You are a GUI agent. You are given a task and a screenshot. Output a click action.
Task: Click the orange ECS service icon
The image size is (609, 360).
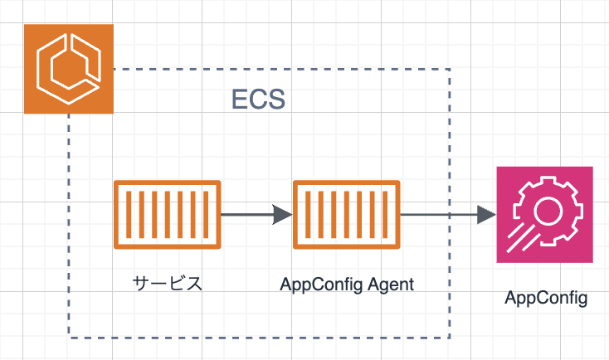(69, 69)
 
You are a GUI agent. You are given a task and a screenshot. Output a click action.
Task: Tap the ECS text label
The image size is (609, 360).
(258, 100)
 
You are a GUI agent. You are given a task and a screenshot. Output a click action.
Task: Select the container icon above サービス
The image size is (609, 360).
(168, 214)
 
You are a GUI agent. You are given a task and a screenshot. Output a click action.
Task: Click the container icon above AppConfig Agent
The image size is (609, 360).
(347, 214)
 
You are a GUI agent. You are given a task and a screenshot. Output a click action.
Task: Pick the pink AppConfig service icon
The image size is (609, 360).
(544, 214)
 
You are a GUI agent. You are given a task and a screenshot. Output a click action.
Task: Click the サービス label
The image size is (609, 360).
(168, 284)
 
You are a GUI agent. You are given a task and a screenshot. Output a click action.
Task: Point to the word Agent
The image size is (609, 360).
(391, 285)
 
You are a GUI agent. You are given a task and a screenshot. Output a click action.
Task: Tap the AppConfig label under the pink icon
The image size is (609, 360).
(546, 299)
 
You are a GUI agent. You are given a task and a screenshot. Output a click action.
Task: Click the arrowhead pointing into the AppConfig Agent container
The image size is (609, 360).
(283, 214)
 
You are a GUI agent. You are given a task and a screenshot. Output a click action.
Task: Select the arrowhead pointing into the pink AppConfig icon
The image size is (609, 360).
(487, 214)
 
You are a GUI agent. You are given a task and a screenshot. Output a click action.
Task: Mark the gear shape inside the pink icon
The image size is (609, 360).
(548, 211)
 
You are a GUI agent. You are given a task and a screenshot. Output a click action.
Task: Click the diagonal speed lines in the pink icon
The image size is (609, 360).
(523, 238)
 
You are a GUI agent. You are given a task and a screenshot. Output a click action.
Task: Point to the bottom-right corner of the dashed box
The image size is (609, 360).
(450, 338)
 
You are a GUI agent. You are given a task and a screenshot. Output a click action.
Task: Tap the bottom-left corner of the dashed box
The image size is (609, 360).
(69, 338)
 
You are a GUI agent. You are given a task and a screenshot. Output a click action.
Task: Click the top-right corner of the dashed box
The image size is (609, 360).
(450, 69)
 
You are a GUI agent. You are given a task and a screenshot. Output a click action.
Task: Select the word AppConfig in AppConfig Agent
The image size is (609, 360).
(322, 285)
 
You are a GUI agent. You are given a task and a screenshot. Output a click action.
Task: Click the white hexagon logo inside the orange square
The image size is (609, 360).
(69, 69)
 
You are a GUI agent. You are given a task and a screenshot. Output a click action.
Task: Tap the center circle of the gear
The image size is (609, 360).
(548, 211)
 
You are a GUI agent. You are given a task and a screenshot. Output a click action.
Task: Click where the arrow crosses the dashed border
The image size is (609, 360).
(450, 214)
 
